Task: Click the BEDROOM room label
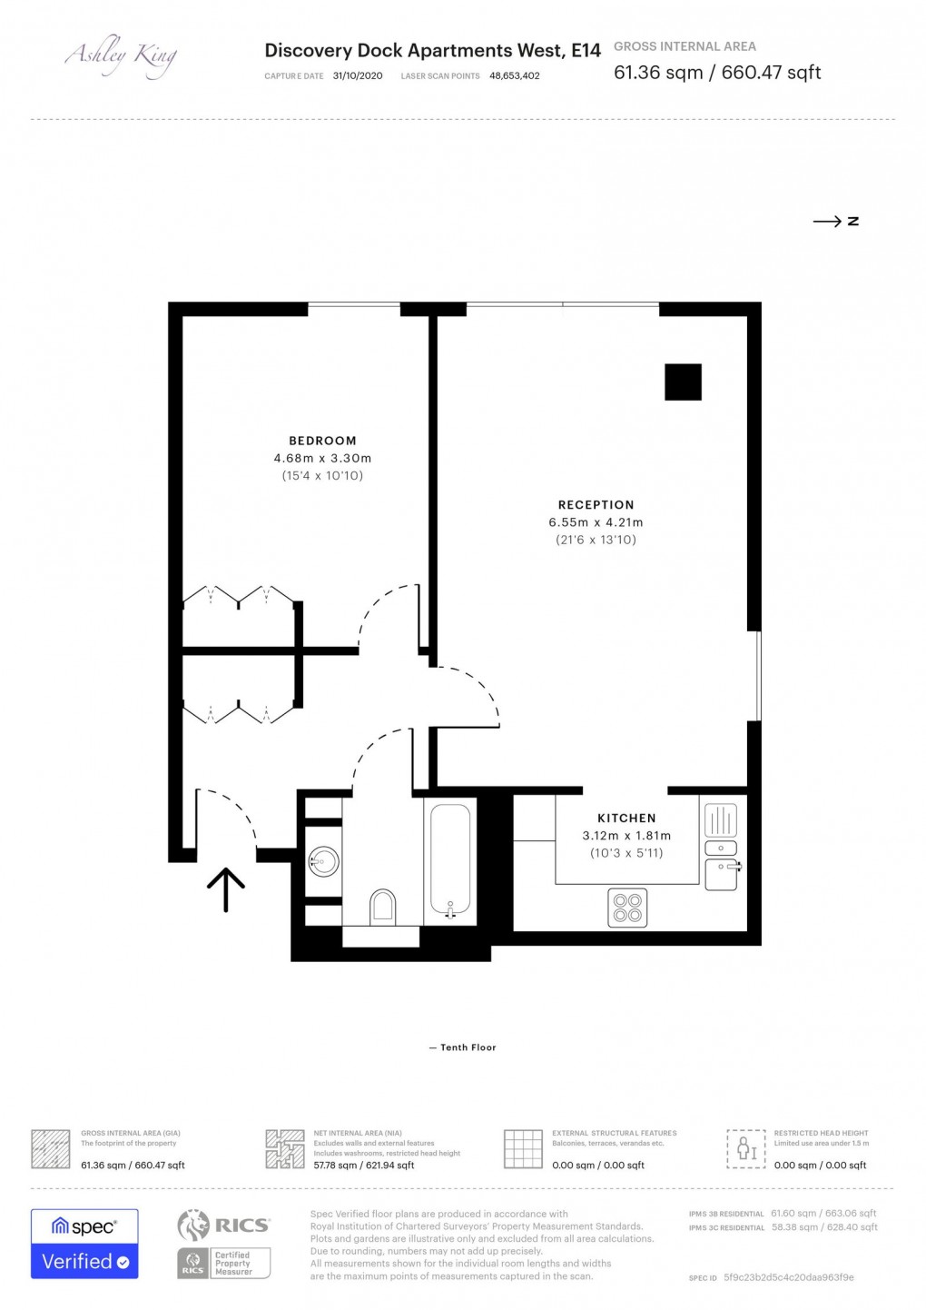point(322,441)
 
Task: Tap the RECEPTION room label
point(596,505)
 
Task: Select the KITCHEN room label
point(626,819)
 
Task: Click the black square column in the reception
point(683,382)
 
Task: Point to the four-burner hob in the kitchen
point(627,908)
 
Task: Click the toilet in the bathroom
point(383,907)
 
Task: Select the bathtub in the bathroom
point(450,858)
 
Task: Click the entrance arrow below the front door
point(226,889)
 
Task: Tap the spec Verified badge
point(84,1244)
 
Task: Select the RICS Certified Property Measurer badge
point(224,1244)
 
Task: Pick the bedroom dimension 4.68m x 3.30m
point(322,459)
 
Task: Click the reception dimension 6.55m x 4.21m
point(596,522)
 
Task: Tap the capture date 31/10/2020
point(358,76)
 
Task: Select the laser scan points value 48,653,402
point(514,76)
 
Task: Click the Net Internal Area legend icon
point(284,1149)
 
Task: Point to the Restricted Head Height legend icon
point(746,1149)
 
